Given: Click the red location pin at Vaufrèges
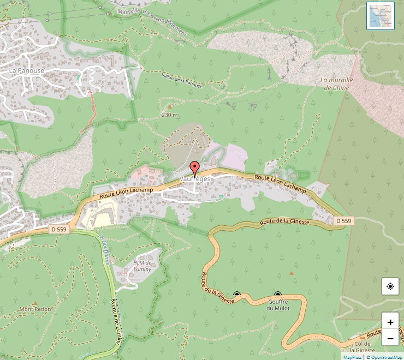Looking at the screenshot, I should (x=194, y=168).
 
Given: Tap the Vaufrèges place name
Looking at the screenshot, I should (x=194, y=179).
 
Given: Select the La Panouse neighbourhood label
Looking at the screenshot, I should (x=26, y=70).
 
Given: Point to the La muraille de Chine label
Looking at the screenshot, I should (x=335, y=83).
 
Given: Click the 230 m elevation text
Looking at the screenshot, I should (x=170, y=115).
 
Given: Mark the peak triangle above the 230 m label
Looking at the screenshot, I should (x=169, y=107).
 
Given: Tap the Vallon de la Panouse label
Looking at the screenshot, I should (x=182, y=81).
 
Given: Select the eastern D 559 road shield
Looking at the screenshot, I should (x=343, y=220).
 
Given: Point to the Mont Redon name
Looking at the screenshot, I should (x=35, y=309).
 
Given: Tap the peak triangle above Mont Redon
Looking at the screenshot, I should (x=35, y=302).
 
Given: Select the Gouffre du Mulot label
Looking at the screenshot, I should (x=278, y=304).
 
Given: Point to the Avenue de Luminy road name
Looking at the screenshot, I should (x=117, y=325).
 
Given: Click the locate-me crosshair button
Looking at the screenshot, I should (x=390, y=286).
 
